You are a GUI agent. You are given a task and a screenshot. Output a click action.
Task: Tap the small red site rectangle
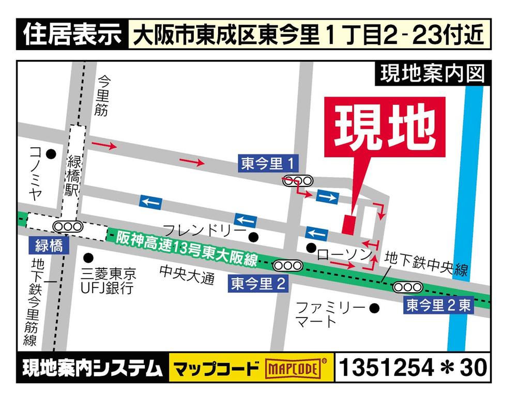[x=348, y=225]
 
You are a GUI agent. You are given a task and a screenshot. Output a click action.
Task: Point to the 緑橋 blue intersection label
[x=49, y=245]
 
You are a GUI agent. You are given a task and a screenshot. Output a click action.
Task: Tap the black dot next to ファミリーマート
[x=375, y=308]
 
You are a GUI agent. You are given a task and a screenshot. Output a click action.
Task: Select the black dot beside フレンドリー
[x=253, y=237]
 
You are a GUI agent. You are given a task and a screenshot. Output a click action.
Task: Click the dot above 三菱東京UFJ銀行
[x=88, y=257]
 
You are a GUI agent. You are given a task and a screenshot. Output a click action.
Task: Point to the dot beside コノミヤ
[x=51, y=154]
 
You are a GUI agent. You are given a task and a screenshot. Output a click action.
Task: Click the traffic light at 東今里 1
[x=298, y=180]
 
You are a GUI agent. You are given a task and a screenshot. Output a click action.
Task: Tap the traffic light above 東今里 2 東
[x=408, y=287]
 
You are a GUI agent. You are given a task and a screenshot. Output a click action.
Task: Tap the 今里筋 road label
[x=103, y=96]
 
